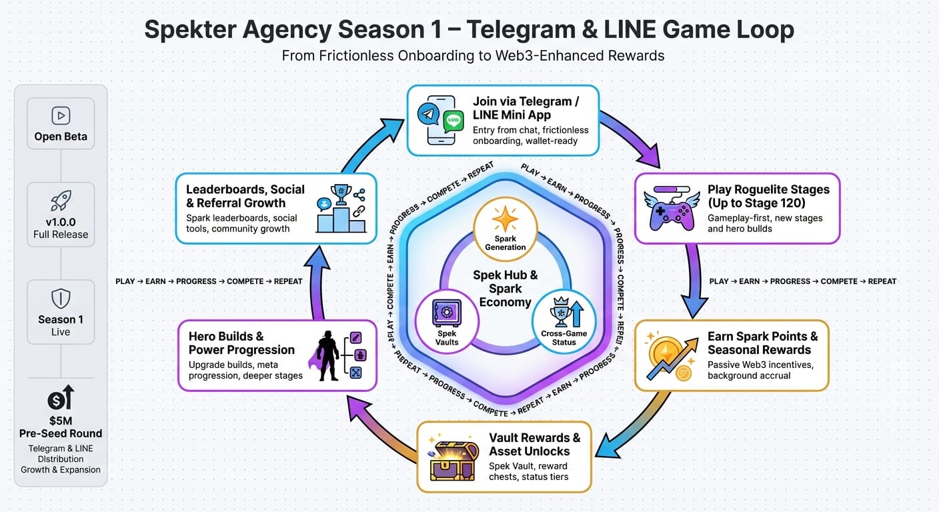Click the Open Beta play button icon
61,115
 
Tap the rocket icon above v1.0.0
61,201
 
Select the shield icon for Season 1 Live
61,297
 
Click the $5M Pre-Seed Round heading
61,427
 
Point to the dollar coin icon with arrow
61,397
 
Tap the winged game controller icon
670,209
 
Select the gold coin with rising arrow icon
669,355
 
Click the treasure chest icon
453,457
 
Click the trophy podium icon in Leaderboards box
341,209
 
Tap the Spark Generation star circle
505,225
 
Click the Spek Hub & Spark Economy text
505,288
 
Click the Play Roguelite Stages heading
768,196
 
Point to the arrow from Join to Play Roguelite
630,137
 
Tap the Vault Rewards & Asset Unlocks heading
534,444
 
